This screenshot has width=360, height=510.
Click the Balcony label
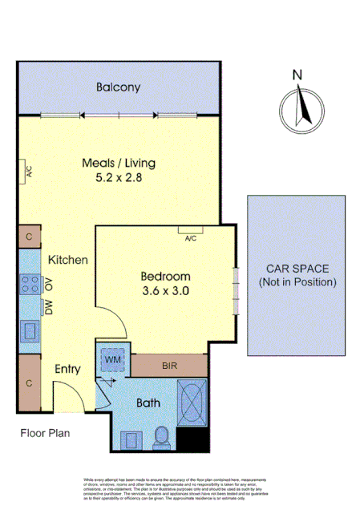pyautogui.click(x=118, y=87)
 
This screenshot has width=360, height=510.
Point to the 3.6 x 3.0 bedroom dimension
pyautogui.click(x=165, y=291)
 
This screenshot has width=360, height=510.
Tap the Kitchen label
pyautogui.click(x=67, y=260)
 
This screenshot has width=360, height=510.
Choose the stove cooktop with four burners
pyautogui.click(x=30, y=284)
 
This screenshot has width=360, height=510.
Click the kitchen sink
pyautogui.click(x=30, y=330)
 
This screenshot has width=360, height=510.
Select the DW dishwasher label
pyautogui.click(x=49, y=307)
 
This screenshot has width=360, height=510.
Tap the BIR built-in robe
pyautogui.click(x=168, y=366)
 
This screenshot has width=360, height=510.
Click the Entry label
pyautogui.click(x=68, y=369)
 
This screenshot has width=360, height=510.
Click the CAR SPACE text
pyautogui.click(x=297, y=269)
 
